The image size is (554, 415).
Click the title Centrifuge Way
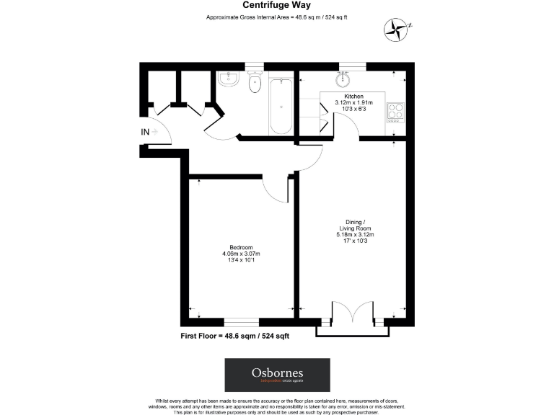[276, 5]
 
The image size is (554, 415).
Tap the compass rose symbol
[396, 28]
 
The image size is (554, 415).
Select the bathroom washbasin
[228, 79]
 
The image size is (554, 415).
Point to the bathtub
[281, 106]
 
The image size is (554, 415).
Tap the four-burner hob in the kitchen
[396, 111]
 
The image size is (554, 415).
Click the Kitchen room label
[353, 96]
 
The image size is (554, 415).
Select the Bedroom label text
[240, 248]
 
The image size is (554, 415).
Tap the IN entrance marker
[145, 132]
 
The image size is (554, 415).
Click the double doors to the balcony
[353, 315]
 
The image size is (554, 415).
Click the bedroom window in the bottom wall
[242, 322]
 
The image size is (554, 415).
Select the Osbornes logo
[277, 375]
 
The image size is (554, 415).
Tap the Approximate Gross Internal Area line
[276, 17]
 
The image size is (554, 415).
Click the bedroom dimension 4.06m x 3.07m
[240, 254]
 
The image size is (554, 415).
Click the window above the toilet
[254, 66]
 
